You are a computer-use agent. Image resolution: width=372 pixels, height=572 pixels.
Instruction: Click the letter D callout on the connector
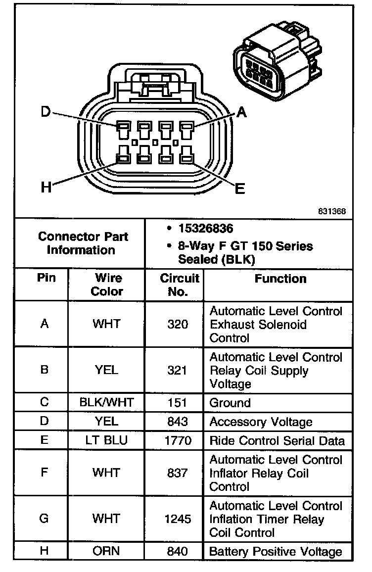(x=46, y=112)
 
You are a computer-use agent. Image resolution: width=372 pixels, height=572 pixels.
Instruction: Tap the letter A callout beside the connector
(x=241, y=113)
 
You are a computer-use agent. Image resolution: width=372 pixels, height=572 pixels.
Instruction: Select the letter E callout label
(x=240, y=189)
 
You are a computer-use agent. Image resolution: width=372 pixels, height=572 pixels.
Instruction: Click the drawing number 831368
(x=332, y=211)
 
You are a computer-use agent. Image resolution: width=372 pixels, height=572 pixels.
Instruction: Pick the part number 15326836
(x=206, y=229)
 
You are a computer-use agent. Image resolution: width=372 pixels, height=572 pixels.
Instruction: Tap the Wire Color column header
(x=106, y=285)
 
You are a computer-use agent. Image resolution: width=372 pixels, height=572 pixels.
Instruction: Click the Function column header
(x=280, y=279)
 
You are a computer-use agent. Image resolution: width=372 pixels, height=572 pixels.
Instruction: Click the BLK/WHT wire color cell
(x=106, y=403)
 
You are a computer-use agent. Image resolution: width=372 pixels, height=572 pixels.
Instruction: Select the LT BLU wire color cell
(x=106, y=440)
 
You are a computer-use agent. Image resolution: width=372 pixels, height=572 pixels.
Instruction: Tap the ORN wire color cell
(x=106, y=551)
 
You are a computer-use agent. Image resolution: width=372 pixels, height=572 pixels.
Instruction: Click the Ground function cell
(x=230, y=403)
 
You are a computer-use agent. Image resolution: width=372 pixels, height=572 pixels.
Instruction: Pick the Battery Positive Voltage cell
(x=276, y=551)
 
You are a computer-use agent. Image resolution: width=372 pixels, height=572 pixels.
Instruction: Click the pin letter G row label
(x=44, y=519)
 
